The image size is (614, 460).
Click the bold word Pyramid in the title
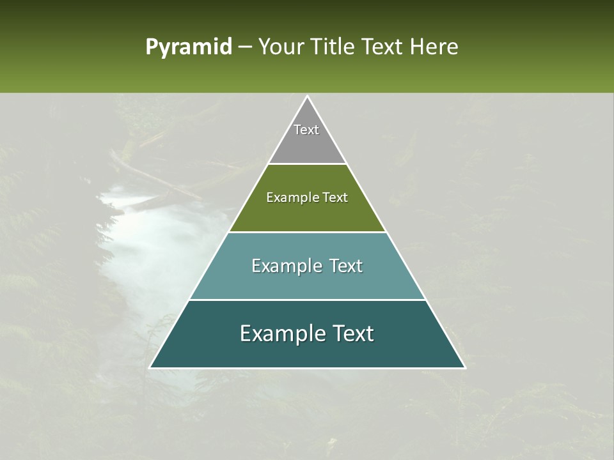[x=188, y=47]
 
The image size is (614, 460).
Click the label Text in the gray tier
[x=306, y=130]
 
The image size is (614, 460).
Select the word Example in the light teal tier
[x=284, y=266]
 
